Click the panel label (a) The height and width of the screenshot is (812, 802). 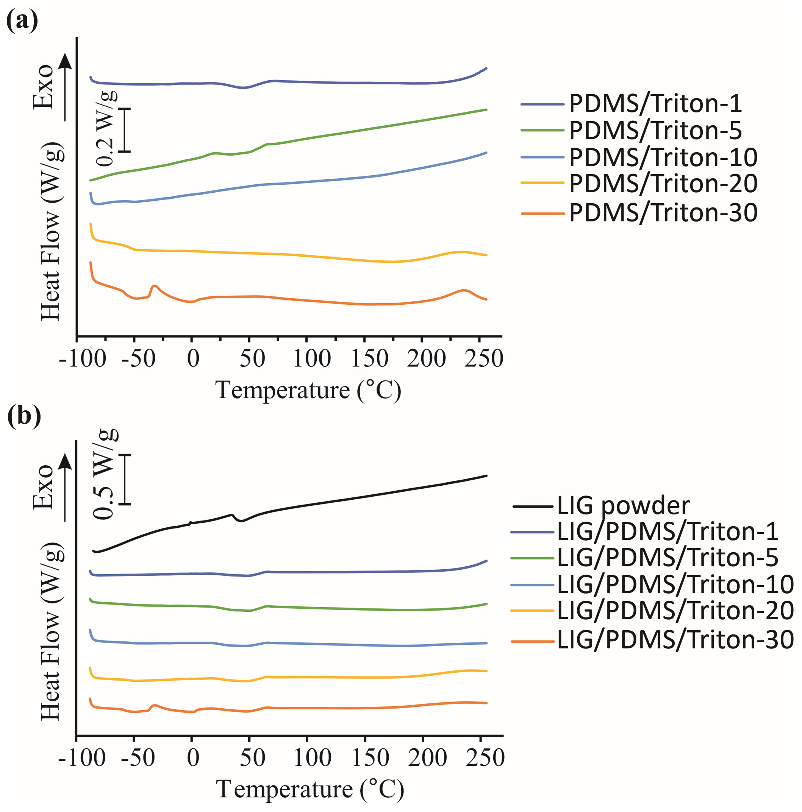coord(22,20)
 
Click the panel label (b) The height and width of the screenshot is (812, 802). coord(24,416)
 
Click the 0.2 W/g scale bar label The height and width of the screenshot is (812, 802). coord(105,129)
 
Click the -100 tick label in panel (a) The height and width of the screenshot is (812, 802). coord(83,359)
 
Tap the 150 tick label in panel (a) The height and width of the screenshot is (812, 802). coord(370,359)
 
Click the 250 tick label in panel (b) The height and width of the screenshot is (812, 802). coord(485,758)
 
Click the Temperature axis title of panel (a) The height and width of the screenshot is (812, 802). coord(308,390)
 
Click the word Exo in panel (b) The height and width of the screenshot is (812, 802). coord(43,487)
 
